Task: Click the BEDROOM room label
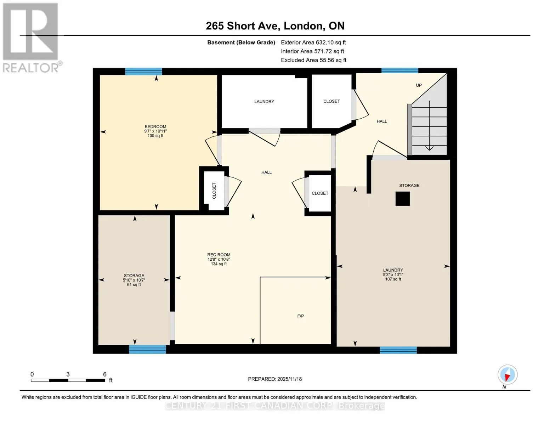(x=155, y=126)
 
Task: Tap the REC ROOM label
(x=219, y=255)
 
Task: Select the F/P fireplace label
(x=300, y=316)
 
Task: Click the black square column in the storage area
(x=402, y=198)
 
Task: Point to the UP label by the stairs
(x=419, y=85)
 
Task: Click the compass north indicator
(x=508, y=375)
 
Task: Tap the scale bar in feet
(x=68, y=380)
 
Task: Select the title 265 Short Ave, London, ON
(x=275, y=26)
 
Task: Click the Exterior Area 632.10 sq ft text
(x=313, y=42)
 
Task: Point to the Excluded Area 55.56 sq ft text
(x=313, y=60)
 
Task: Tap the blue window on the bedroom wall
(x=143, y=72)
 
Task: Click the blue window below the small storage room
(x=147, y=349)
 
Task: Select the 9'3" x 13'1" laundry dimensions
(x=393, y=274)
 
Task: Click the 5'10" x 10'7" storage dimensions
(x=134, y=280)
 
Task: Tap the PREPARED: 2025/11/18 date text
(x=275, y=379)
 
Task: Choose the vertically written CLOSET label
(x=214, y=191)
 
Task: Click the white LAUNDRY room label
(x=264, y=102)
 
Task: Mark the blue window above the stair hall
(x=399, y=70)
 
